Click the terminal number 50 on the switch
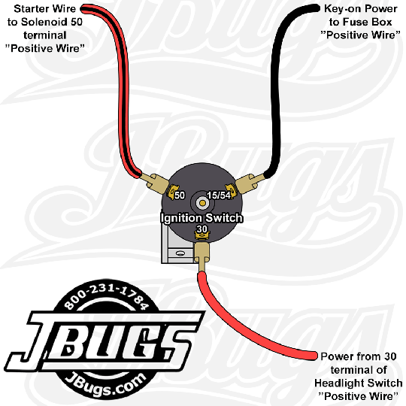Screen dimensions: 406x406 tap(180, 195)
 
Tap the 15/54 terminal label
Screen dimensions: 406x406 tap(219, 195)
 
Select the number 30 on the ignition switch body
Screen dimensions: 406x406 tap(202, 229)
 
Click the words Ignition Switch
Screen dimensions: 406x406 tap(201, 218)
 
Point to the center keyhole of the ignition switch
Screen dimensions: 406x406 tap(202, 203)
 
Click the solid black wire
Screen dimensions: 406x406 tap(276, 86)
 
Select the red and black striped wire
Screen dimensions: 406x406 tap(124, 86)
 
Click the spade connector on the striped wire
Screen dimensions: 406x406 tap(153, 183)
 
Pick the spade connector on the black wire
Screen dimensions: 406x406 tap(250, 183)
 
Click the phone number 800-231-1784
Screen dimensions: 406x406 tap(107, 297)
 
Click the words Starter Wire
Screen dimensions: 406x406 tap(45, 9)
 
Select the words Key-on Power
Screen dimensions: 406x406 tap(361, 9)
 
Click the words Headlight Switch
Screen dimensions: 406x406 tap(359, 383)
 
